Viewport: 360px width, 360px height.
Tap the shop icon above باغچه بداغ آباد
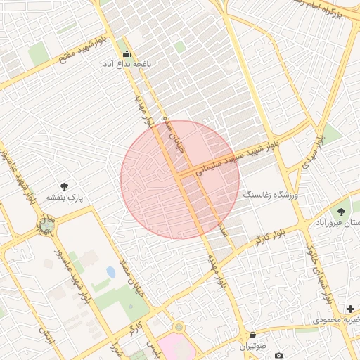pyautogui.click(x=127, y=54)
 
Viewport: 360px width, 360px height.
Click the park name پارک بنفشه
pyautogui.click(x=65, y=198)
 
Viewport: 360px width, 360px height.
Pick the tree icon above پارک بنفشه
pyautogui.click(x=65, y=186)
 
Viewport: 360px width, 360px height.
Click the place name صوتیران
pyautogui.click(x=253, y=346)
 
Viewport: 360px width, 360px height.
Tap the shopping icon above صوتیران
pyautogui.click(x=253, y=335)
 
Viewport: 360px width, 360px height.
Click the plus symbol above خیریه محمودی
pyautogui.click(x=350, y=309)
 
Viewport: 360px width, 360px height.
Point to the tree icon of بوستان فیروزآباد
pyautogui.click(x=342, y=211)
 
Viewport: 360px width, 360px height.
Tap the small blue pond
pyautogui.click(x=110, y=271)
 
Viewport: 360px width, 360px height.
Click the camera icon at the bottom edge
pyautogui.click(x=279, y=356)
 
